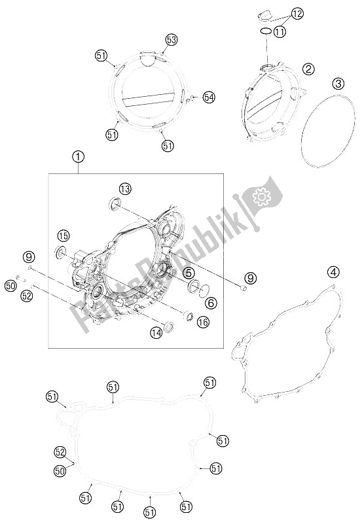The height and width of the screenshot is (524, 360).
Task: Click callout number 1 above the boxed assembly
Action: click(x=79, y=157)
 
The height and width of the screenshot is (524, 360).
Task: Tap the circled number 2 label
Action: click(x=308, y=69)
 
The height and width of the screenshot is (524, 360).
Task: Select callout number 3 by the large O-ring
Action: click(x=338, y=84)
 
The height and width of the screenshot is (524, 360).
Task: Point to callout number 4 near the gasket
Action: click(x=333, y=273)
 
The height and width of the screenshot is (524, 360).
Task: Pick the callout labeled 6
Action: click(x=211, y=302)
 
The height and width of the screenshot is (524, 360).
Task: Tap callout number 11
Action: click(x=279, y=32)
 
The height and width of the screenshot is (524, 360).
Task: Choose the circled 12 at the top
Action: click(x=297, y=14)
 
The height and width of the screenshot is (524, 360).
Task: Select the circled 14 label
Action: click(x=156, y=332)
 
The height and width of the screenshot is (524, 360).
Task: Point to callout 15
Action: click(x=63, y=236)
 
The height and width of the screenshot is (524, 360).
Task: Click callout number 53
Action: click(x=171, y=40)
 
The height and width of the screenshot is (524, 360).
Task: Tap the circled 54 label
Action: click(x=209, y=97)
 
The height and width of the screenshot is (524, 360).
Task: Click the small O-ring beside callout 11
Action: click(x=266, y=29)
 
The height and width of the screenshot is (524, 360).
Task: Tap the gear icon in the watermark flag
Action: click(x=260, y=197)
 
